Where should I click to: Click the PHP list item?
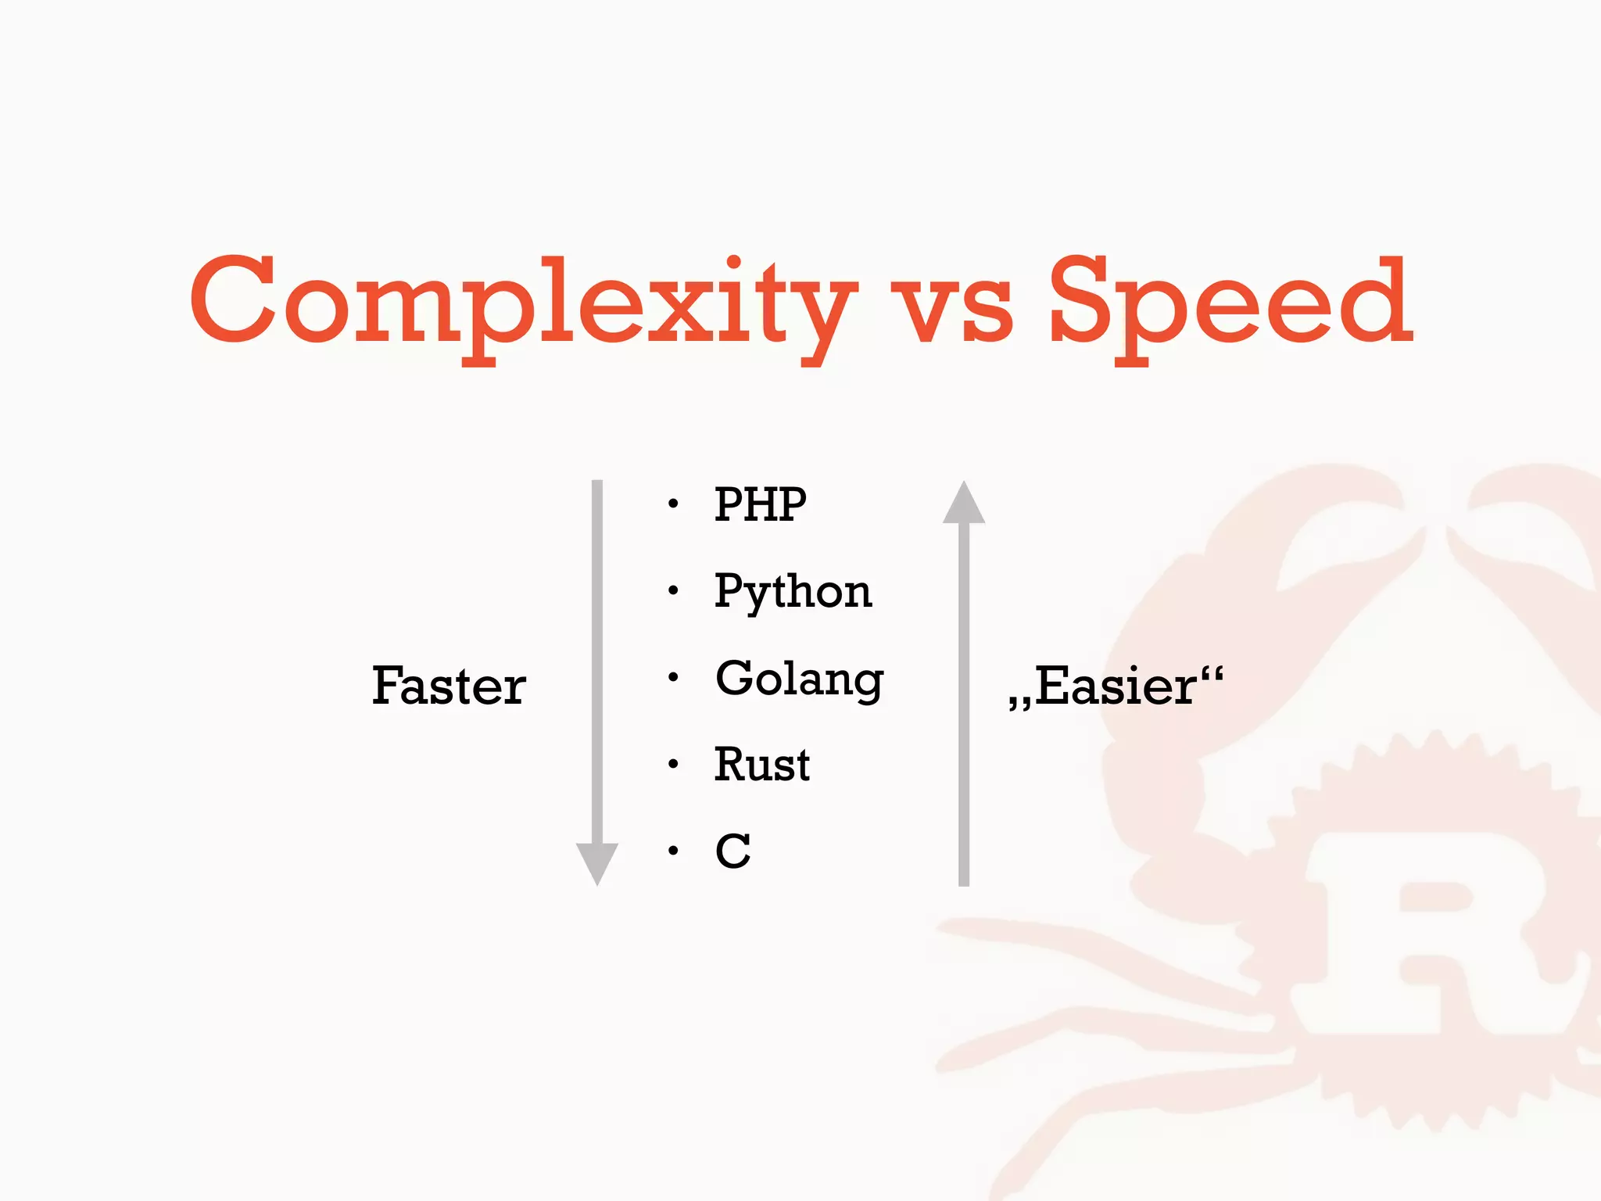point(760,504)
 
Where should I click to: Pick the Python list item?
point(793,592)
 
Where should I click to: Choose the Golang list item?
point(799,679)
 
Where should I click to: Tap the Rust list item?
point(762,765)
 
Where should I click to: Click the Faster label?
point(449,686)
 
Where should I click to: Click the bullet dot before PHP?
point(673,505)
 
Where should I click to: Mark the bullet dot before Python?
point(673,591)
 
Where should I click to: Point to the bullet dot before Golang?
point(673,678)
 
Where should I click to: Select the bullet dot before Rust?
point(673,765)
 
